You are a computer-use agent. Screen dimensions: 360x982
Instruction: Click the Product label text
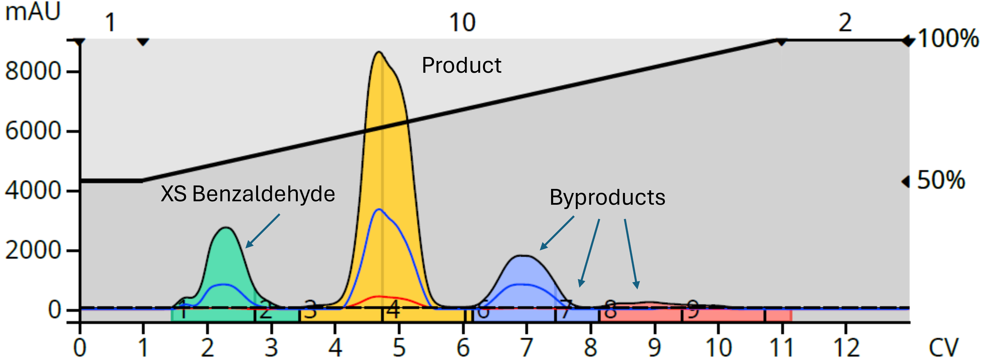pos(461,65)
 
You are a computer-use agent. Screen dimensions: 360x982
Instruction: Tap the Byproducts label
pos(607,197)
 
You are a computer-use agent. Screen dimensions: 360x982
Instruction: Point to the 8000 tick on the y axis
pos(33,71)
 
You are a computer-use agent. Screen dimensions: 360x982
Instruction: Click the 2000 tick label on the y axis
pos(33,250)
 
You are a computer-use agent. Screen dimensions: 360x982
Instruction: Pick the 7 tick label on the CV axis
pos(526,347)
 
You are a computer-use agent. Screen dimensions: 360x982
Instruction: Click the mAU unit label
pos(33,12)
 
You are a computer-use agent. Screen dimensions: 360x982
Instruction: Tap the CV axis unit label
pos(943,347)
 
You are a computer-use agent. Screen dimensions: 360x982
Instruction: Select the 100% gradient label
pos(948,39)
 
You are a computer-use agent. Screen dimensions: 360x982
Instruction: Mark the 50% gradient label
pos(940,180)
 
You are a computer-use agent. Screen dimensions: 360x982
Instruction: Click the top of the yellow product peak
pos(379,52)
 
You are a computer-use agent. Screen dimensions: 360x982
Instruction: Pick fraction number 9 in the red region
pos(693,309)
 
